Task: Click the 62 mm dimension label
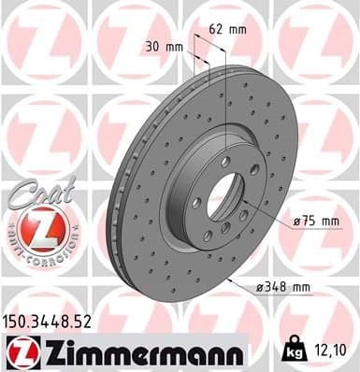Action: (x=226, y=29)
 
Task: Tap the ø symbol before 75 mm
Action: (x=295, y=222)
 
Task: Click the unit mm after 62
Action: (x=238, y=29)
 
